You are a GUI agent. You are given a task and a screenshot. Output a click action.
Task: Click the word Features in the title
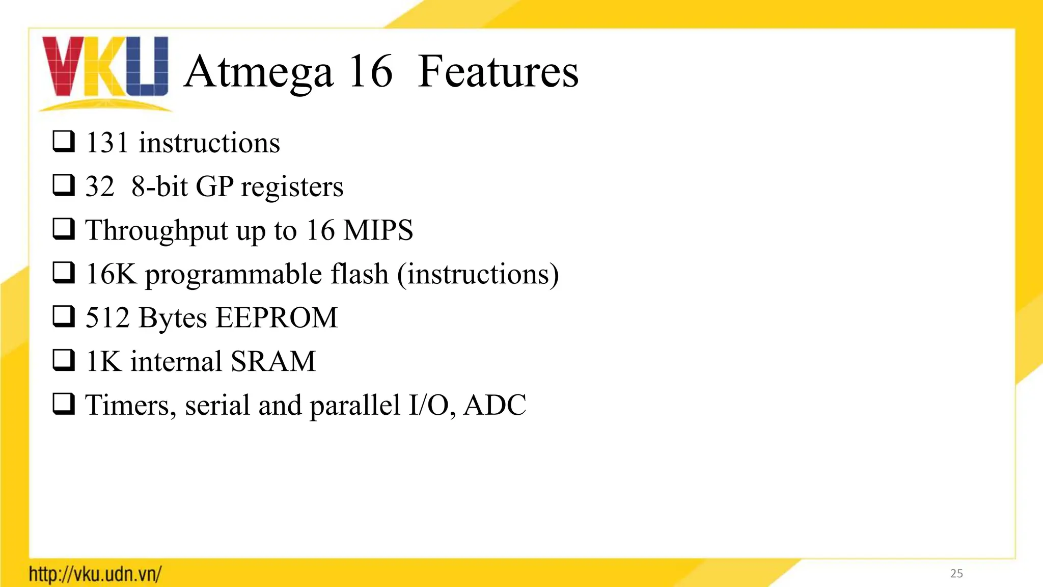pos(498,72)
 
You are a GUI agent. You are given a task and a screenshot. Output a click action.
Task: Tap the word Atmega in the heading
pos(259,72)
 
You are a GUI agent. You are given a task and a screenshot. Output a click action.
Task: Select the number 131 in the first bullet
pos(106,143)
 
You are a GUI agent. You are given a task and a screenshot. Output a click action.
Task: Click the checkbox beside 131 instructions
pos(64,142)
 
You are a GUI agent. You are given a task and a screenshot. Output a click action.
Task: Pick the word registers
pos(292,188)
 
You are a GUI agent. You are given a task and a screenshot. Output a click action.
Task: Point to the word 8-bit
pos(159,186)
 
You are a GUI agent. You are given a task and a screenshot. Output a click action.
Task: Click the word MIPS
pos(378,230)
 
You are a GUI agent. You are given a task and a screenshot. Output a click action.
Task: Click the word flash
pos(360,274)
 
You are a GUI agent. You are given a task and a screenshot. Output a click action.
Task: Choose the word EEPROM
pos(277,318)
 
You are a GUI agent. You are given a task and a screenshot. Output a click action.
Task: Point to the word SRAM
pos(273,362)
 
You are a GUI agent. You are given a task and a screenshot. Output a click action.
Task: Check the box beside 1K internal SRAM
pos(64,361)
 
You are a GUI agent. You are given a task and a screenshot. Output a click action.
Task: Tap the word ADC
pos(495,406)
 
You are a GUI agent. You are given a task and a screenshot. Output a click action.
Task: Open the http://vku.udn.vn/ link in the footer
pos(95,574)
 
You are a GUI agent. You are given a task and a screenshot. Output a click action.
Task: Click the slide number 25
pos(956,574)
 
